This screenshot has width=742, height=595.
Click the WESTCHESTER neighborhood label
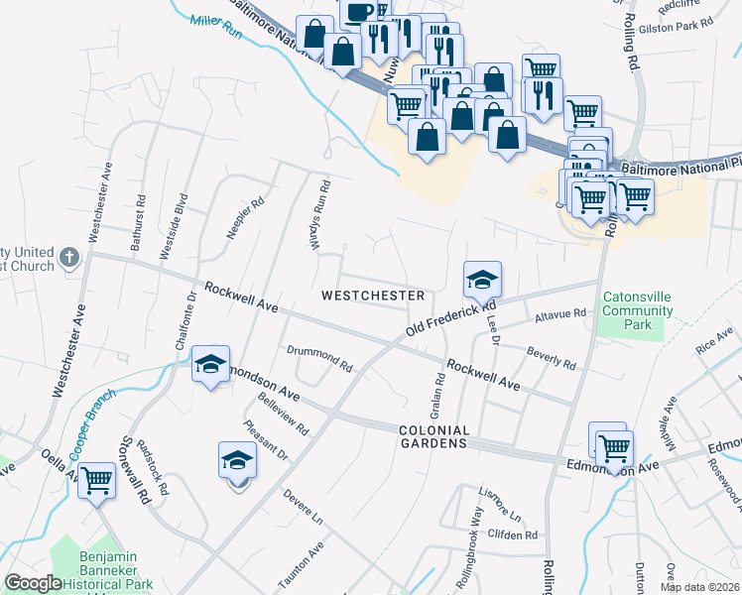pyautogui.click(x=374, y=296)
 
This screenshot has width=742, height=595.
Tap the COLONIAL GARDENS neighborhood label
pyautogui.click(x=433, y=436)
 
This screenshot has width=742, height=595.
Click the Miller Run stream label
pyautogui.click(x=217, y=23)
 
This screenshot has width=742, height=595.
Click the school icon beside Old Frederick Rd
pyautogui.click(x=482, y=281)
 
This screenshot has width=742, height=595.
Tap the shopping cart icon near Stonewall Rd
pyautogui.click(x=96, y=481)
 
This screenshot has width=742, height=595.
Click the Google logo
pyautogui.click(x=33, y=583)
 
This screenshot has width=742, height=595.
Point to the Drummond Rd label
pyautogui.click(x=319, y=358)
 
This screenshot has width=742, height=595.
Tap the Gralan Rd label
pyautogui.click(x=436, y=396)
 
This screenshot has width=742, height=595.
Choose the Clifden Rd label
pyautogui.click(x=512, y=535)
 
